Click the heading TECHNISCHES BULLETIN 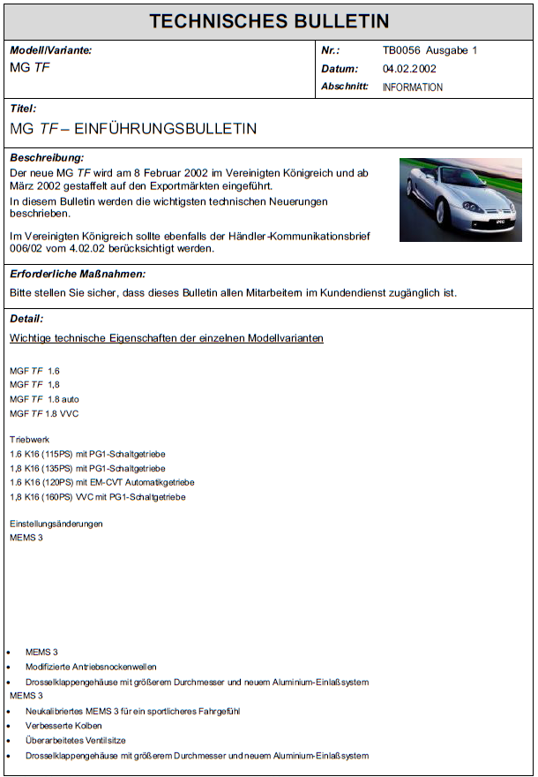pos(268,21)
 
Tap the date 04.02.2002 pos(409,69)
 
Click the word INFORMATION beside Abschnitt pos(412,87)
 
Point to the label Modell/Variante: pos(50,50)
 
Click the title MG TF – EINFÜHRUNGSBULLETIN pos(133,129)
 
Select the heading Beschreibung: pos(47,158)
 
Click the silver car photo pos(460,200)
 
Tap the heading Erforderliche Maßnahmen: pos(78,275)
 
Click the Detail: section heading pos(26,319)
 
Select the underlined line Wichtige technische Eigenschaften pos(166,338)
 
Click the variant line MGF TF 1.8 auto pos(44,399)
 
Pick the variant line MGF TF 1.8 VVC pos(44,413)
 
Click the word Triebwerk pos(29,439)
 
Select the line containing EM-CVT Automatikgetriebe pos(101,482)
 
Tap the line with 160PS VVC pos(97,497)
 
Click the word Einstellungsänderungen pos(56,524)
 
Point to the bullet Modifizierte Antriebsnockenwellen pos(91,667)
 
